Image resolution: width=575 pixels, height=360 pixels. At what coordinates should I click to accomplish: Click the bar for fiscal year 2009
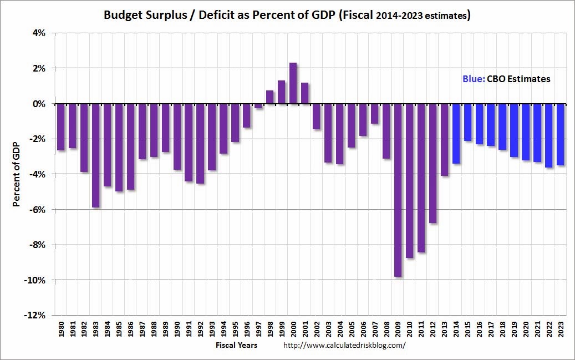point(398,190)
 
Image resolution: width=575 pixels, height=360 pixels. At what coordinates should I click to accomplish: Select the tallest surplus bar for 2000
point(293,83)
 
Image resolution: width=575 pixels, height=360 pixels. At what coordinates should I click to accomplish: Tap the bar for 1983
point(95,155)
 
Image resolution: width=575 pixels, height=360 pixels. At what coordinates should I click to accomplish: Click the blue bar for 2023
point(560,134)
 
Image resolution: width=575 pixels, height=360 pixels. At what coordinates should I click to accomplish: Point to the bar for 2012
point(432,163)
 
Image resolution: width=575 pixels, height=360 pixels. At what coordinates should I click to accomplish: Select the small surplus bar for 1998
point(269,97)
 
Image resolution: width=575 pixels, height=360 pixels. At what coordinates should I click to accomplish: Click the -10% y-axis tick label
point(35,280)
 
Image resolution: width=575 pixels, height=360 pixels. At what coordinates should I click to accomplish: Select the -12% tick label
point(35,315)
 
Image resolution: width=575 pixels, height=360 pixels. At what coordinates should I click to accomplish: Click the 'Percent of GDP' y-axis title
point(17,174)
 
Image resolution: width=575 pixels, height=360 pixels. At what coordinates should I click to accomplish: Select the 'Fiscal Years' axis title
point(236,345)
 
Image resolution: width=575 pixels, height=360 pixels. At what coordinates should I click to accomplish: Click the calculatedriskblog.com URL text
point(344,345)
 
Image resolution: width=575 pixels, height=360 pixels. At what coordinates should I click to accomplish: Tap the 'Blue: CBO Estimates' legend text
point(506,79)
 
